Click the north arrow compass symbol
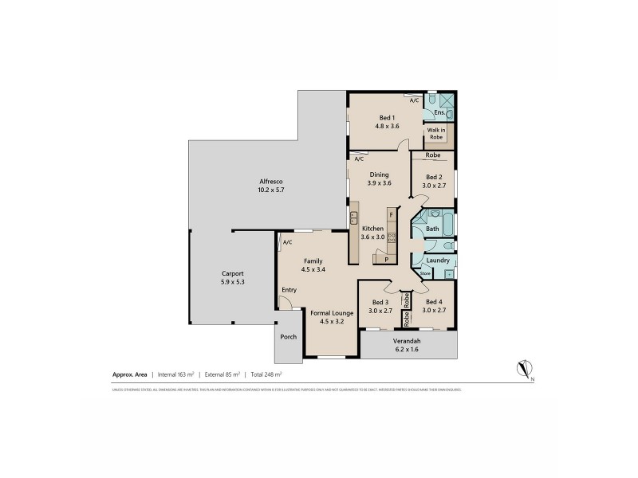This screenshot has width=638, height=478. [x=523, y=369]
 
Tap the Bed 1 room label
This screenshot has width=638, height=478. [x=387, y=118]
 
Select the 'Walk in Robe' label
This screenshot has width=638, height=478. [x=437, y=133]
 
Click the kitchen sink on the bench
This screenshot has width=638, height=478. [x=353, y=220]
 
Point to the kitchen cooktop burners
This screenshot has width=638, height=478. [x=392, y=237]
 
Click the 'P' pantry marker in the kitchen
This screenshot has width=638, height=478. [x=387, y=259]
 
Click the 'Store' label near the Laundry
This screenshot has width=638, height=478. [x=425, y=274]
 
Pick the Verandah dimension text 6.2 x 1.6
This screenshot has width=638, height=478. [x=408, y=349]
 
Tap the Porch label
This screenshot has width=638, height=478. [x=289, y=337]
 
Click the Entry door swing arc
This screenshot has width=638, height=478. [x=284, y=302]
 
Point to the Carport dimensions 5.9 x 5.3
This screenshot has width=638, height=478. [x=233, y=281]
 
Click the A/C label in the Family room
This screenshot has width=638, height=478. [x=286, y=242]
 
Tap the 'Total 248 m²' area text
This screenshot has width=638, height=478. [x=266, y=373]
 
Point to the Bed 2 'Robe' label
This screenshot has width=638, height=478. [x=433, y=155]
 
